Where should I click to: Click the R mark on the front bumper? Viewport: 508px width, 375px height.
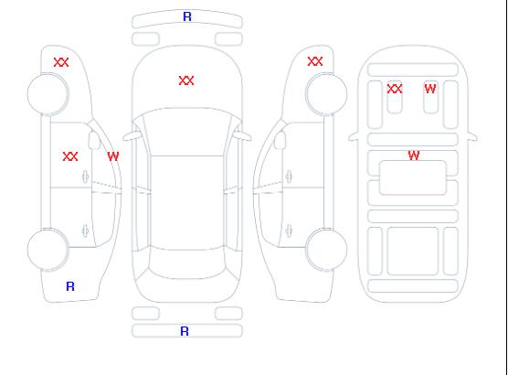(187, 16)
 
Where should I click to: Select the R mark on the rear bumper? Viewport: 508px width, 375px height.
(185, 331)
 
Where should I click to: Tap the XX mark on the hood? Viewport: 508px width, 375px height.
(186, 80)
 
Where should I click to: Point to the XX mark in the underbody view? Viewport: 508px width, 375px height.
(395, 89)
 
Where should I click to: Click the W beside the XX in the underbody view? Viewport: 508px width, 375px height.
(430, 89)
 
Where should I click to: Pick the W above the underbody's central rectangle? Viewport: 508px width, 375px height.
(414, 155)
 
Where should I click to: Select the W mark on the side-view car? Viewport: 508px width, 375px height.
(113, 156)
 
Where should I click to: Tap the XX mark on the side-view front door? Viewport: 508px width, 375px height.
(70, 156)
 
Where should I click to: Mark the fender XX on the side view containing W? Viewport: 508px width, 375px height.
(61, 62)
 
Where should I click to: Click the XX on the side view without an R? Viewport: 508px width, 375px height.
(315, 61)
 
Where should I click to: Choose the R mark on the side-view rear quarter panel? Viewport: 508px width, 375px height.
(70, 286)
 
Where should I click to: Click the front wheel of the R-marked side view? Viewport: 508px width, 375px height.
(48, 94)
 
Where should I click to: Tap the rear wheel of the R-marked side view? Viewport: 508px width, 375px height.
(48, 250)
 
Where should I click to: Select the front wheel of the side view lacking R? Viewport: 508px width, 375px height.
(326, 94)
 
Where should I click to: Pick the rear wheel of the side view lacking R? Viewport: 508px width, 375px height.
(326, 249)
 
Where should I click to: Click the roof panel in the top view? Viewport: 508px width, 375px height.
(187, 202)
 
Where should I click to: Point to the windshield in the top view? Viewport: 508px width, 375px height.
(187, 132)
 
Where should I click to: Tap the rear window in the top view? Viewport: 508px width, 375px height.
(187, 263)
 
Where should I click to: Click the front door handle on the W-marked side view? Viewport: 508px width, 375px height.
(86, 177)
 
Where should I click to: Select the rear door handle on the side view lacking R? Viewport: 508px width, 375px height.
(289, 230)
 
